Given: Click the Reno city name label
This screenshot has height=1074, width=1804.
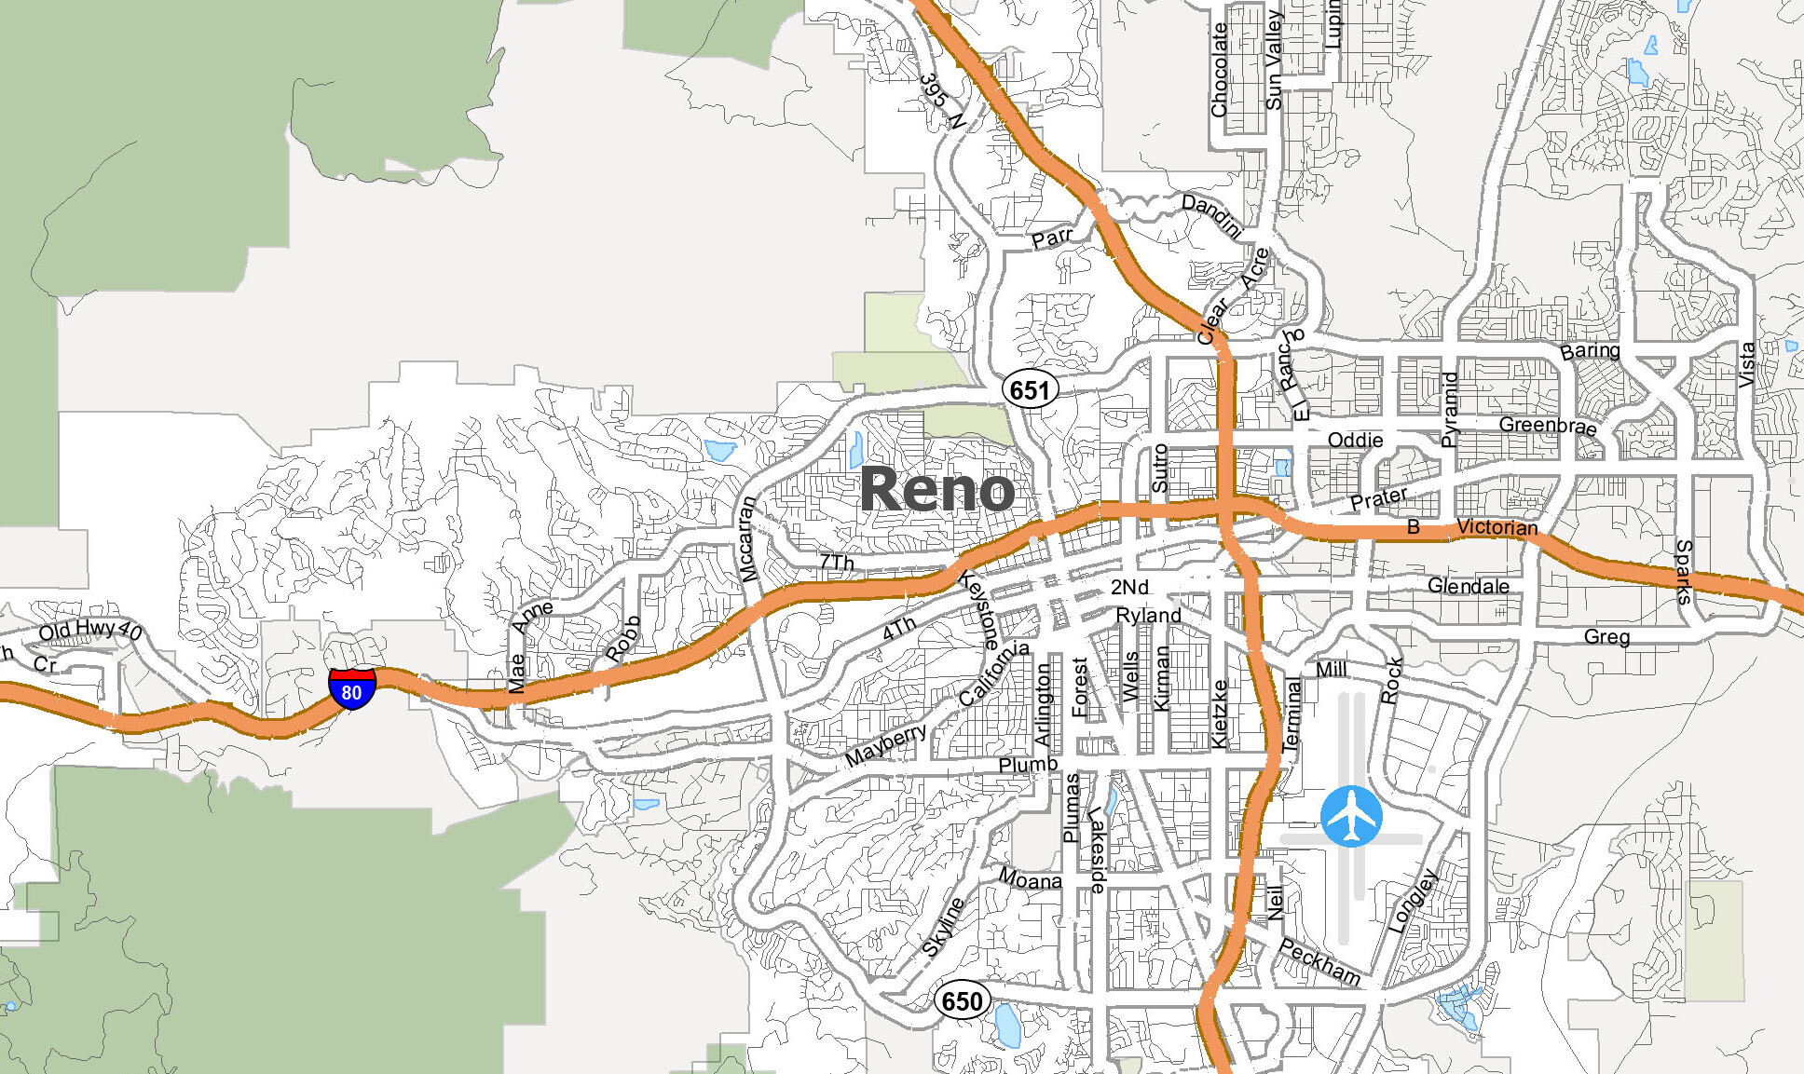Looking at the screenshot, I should [936, 490].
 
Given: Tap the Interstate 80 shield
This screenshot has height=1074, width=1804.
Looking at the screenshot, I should [351, 689].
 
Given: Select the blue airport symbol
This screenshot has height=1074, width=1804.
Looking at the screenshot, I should [1351, 817].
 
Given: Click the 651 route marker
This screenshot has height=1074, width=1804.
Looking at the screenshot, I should [1030, 389].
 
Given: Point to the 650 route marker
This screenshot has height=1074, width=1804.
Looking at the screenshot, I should [962, 1001].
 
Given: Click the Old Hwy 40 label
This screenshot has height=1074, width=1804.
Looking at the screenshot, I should [89, 631].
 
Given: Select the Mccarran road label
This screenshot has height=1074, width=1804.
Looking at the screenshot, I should [747, 539].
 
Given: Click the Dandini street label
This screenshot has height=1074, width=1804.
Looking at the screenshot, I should [1211, 215].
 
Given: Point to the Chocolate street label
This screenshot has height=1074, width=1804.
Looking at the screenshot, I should [1220, 70].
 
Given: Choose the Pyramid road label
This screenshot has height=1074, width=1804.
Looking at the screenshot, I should [1450, 410].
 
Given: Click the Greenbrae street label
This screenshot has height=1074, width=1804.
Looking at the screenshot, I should [1548, 426].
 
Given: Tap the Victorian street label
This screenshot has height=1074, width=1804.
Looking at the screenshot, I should [1496, 527].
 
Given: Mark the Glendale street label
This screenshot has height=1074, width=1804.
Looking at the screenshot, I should [1469, 586].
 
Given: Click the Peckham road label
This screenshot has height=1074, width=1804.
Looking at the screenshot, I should [1319, 961].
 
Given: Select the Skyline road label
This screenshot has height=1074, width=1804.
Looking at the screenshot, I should [943, 928].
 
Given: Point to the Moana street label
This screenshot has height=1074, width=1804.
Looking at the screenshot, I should [1030, 878].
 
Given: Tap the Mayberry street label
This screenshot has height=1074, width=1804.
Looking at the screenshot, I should [885, 744].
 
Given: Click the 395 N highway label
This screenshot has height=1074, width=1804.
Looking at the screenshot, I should [941, 101].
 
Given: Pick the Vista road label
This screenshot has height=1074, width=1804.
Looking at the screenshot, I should [1747, 364].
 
